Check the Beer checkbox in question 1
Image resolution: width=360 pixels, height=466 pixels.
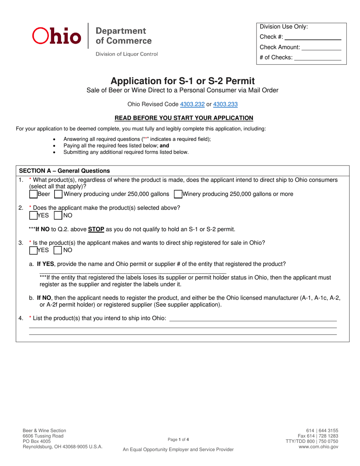point(33,194)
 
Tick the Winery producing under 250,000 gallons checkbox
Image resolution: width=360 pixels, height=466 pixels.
point(58,194)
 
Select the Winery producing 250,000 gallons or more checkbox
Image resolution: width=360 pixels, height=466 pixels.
point(178,194)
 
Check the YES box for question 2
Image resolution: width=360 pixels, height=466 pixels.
point(33,216)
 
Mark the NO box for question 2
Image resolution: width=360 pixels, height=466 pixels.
point(58,216)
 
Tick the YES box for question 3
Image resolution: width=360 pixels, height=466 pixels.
point(33,250)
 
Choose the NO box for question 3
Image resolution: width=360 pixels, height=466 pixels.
point(58,250)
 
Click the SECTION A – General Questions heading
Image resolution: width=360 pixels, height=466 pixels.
point(64,170)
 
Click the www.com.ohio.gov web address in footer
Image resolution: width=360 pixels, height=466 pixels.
point(318,447)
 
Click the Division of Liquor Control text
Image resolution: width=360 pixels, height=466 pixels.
point(127,54)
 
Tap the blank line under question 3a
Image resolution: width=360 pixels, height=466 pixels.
point(133,272)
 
